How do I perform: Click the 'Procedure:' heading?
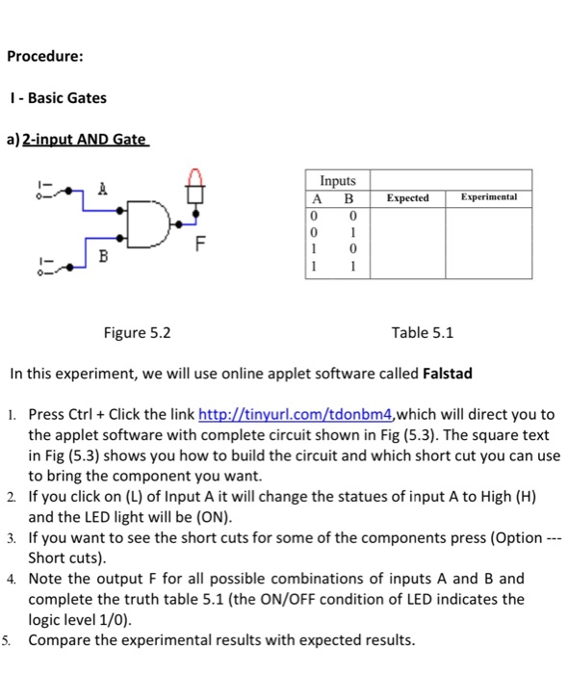tap(44, 56)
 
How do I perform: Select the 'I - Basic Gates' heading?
tap(57, 98)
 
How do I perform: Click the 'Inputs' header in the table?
tap(337, 181)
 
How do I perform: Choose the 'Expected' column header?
tap(407, 197)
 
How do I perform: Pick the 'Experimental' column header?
tap(489, 197)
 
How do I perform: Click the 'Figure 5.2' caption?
tap(138, 334)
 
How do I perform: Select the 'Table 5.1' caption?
tap(423, 334)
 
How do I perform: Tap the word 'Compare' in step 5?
tap(60, 640)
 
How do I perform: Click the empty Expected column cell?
tap(407, 242)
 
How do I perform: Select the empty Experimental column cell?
tap(489, 242)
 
